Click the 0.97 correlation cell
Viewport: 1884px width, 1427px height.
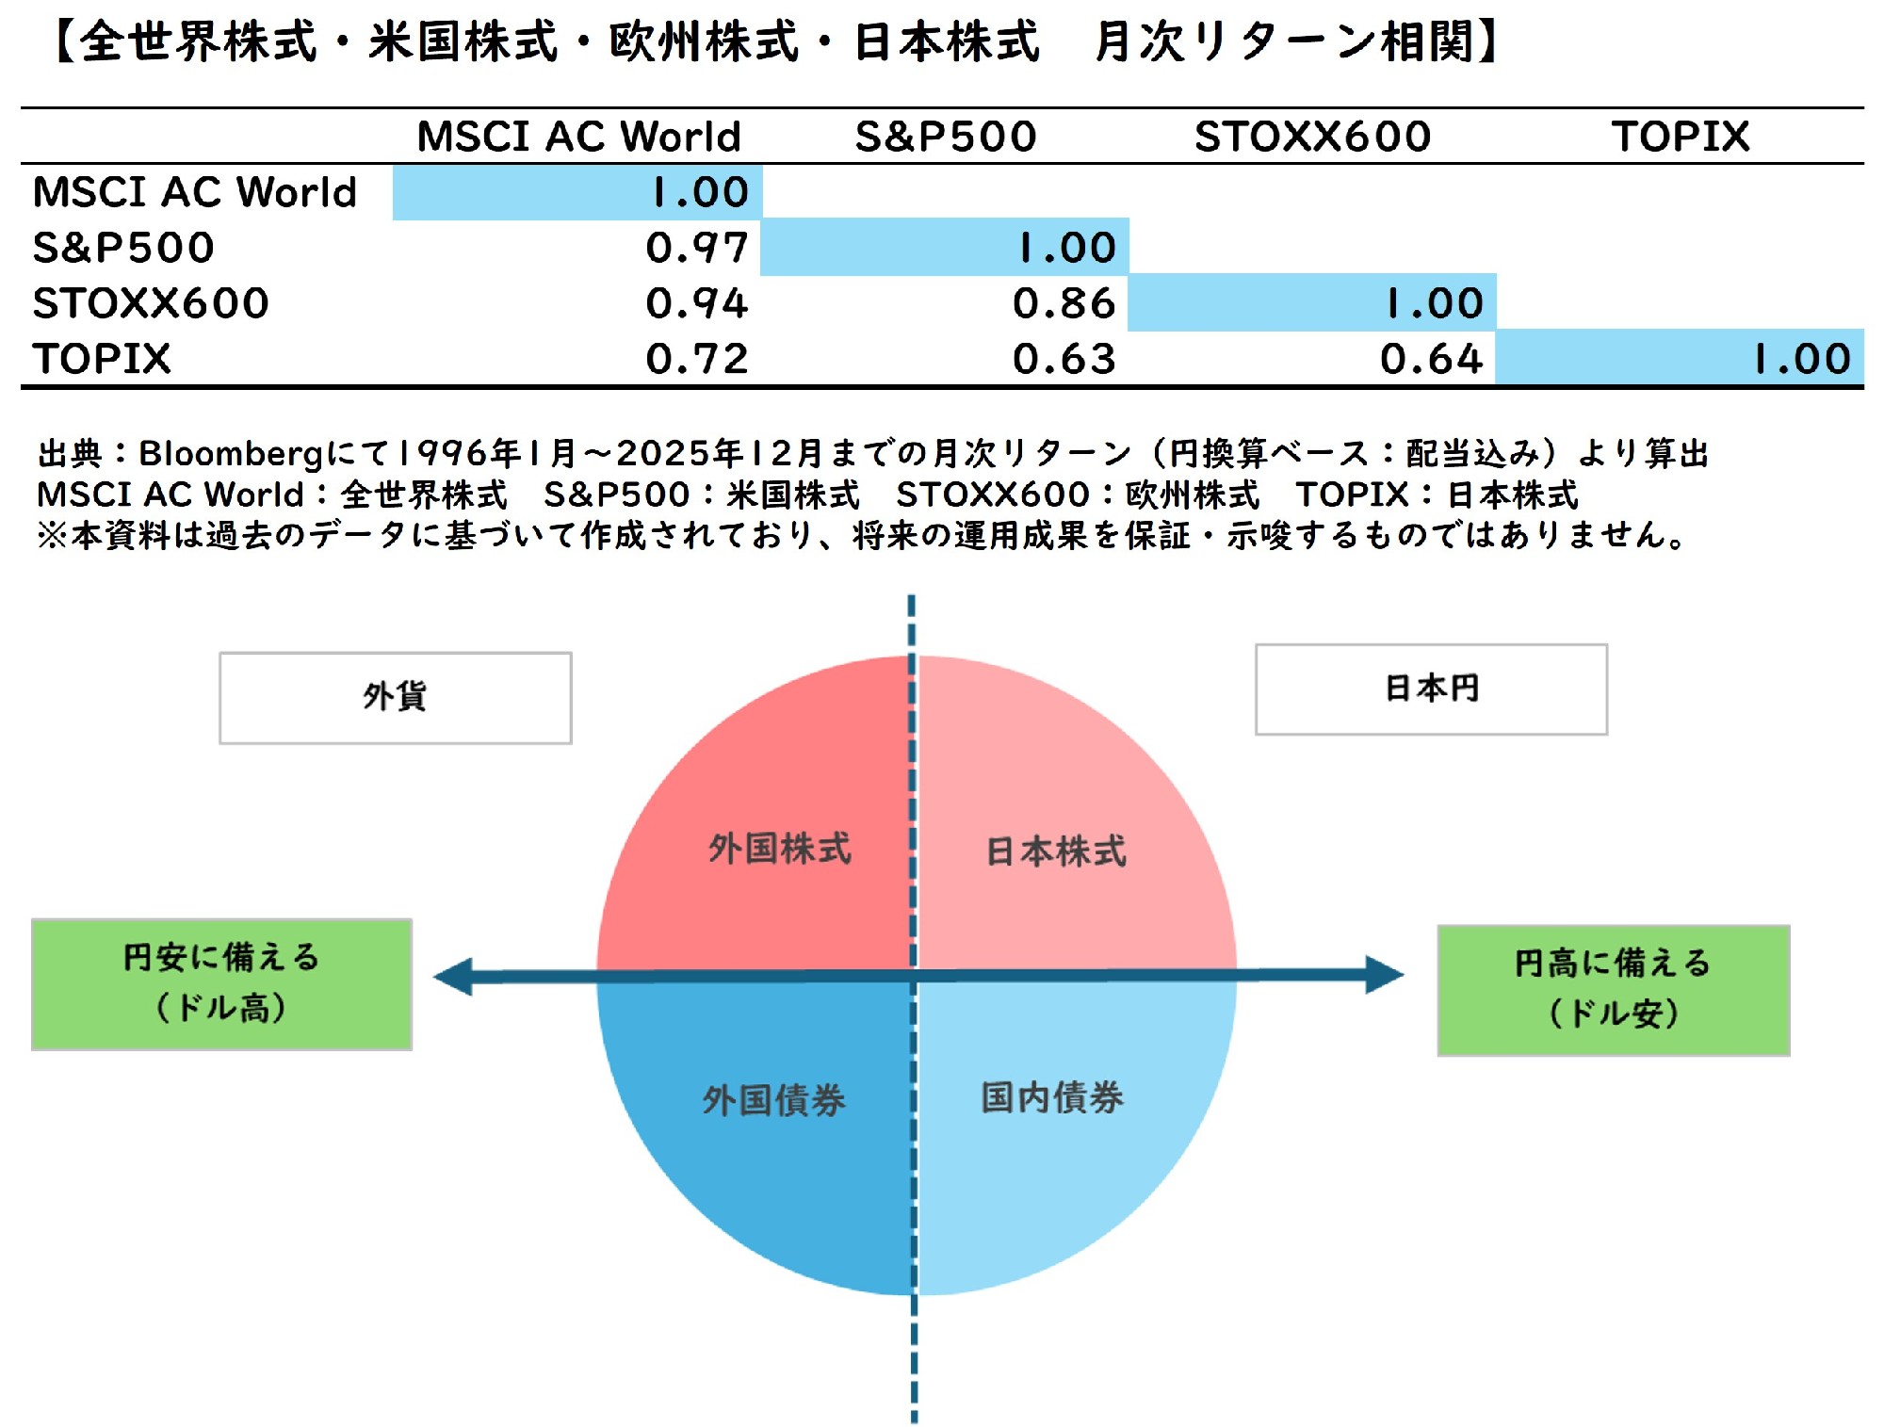pos(697,248)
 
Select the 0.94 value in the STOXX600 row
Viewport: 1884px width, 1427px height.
pos(697,303)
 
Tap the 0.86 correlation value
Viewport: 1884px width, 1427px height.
pos(1064,303)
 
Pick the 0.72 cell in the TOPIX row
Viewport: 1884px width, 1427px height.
pos(697,359)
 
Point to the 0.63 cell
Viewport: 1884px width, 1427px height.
pos(1064,359)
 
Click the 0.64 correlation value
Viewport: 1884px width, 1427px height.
pos(1432,359)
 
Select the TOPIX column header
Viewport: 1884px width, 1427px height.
pos(1681,137)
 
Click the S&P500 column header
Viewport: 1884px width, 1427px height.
pos(946,137)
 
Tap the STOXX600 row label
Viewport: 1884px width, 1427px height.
pos(151,303)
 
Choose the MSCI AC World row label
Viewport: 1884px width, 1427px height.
pos(195,192)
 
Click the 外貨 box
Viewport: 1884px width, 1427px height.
pos(396,698)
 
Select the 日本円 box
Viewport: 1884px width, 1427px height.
pos(1431,689)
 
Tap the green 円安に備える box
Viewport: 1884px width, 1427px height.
pos(222,983)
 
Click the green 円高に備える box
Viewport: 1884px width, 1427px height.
pos(1613,989)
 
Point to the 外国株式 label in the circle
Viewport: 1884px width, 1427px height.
pos(780,849)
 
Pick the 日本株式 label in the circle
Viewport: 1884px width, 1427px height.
pos(1056,851)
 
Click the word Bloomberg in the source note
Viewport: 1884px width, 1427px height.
pos(232,454)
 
